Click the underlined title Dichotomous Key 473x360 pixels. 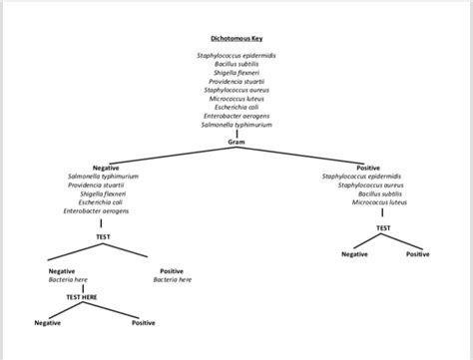pyautogui.click(x=236, y=37)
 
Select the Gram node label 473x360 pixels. pyautogui.click(x=236, y=143)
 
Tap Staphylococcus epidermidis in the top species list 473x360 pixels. pyautogui.click(x=236, y=53)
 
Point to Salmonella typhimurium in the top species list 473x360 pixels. pyautogui.click(x=236, y=125)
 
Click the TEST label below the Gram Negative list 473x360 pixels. pyautogui.click(x=103, y=237)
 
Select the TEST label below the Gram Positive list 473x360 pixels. pyautogui.click(x=383, y=228)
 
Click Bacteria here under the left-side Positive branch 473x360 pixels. pyautogui.click(x=172, y=280)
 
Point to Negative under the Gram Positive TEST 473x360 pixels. pyautogui.click(x=355, y=254)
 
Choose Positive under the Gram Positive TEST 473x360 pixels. pyautogui.click(x=418, y=254)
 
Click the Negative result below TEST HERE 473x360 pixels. pyautogui.click(x=47, y=323)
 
